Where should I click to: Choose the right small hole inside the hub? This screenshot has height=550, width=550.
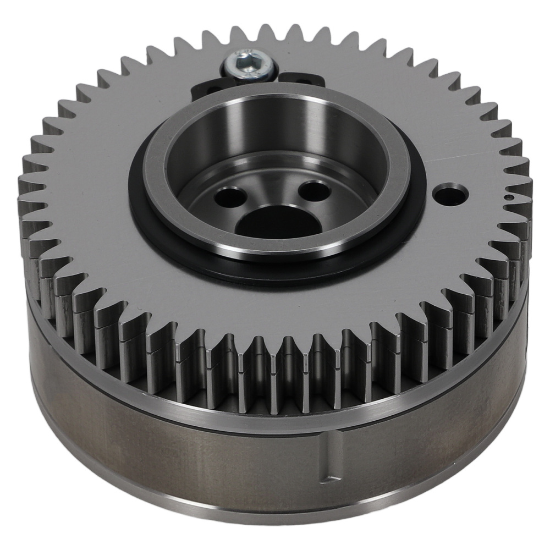(313, 190)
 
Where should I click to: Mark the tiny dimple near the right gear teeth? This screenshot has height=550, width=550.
(509, 196)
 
